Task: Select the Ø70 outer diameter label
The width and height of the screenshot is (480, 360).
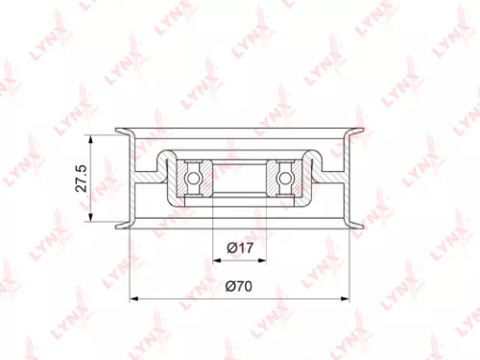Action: click(239, 285)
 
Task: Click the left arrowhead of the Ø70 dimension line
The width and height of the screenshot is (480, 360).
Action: click(132, 298)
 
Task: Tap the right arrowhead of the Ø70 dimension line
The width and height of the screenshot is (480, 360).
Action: click(348, 298)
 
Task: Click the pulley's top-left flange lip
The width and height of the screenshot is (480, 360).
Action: click(121, 131)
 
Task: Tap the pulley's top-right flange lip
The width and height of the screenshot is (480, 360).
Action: click(359, 131)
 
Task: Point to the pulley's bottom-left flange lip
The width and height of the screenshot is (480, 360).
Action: click(121, 225)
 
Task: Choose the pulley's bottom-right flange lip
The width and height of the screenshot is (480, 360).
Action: click(359, 225)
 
